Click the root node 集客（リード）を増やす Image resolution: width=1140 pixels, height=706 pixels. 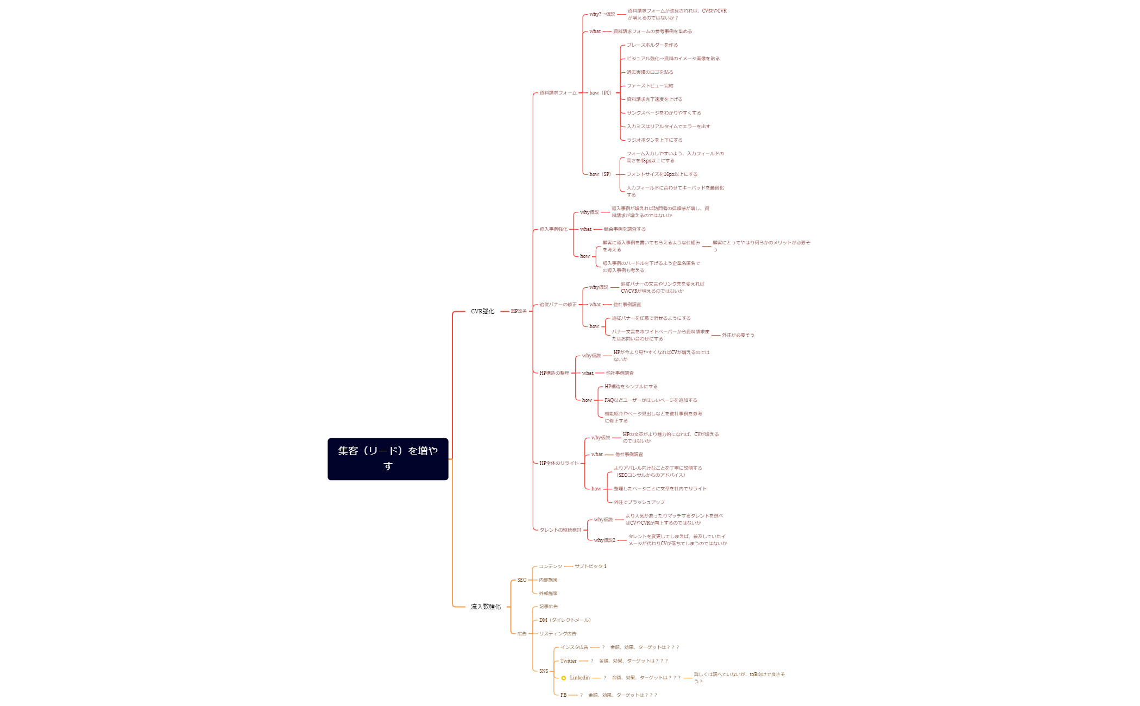click(x=388, y=459)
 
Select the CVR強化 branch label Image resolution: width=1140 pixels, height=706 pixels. click(x=482, y=312)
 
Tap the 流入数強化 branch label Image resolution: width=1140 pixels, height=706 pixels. click(x=486, y=607)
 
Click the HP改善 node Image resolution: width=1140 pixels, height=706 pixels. click(x=519, y=312)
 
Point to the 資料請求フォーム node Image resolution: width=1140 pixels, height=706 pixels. click(x=558, y=93)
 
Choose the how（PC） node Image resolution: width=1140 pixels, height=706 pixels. click(x=600, y=93)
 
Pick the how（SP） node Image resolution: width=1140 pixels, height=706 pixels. click(x=600, y=174)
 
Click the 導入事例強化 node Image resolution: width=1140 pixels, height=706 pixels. click(x=553, y=229)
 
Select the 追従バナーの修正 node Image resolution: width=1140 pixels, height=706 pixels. click(x=558, y=305)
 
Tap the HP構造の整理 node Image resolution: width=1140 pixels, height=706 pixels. click(x=554, y=373)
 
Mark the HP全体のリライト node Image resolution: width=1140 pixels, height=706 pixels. click(x=559, y=463)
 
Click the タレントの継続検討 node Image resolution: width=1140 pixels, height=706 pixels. click(x=560, y=530)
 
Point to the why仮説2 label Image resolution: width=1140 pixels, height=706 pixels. click(x=604, y=540)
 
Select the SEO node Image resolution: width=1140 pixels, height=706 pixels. click(x=521, y=580)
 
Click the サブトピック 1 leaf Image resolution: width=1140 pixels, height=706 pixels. click(x=590, y=566)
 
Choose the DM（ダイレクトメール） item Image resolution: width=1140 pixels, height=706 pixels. click(x=565, y=620)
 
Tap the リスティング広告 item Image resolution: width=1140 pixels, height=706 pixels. click(x=558, y=634)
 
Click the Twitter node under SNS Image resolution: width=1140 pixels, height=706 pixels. click(x=568, y=661)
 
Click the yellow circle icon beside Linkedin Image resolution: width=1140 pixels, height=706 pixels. click(x=564, y=678)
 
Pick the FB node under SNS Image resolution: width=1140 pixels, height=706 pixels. click(x=563, y=695)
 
